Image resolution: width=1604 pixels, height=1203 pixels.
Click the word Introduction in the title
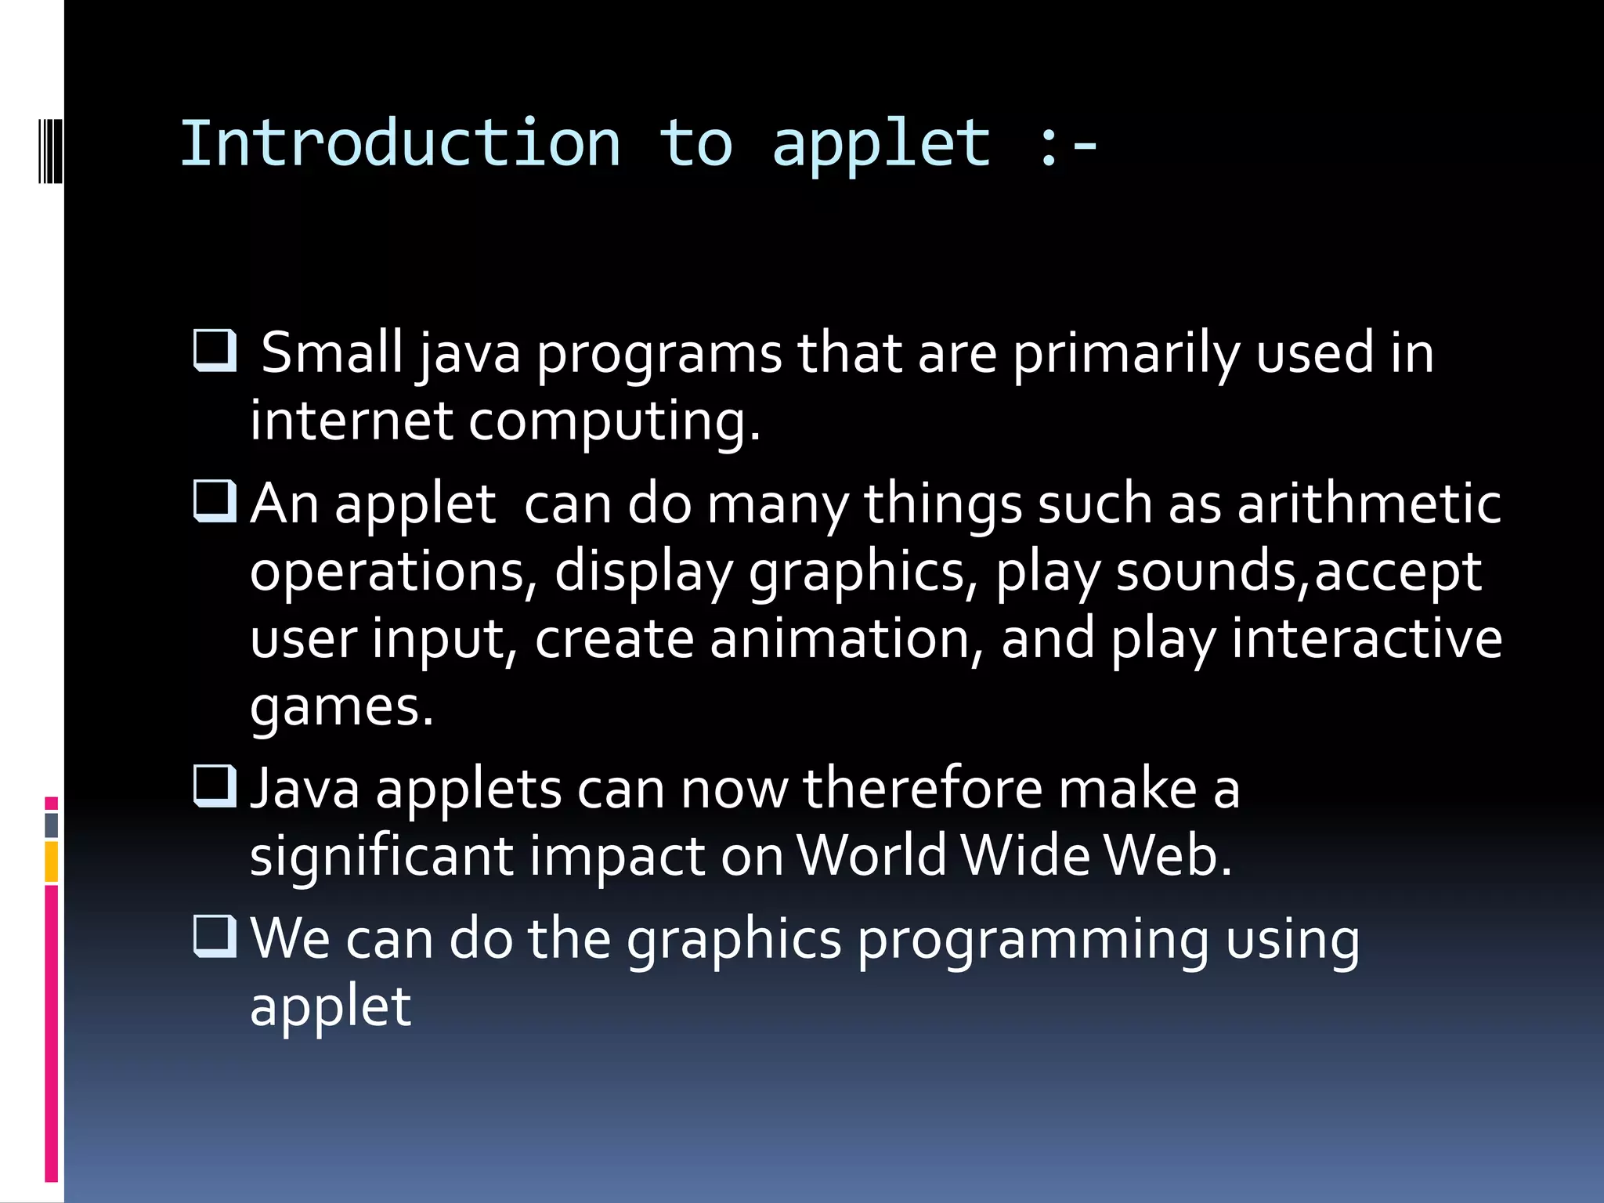[x=400, y=143]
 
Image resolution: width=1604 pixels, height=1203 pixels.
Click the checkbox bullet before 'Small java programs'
[x=215, y=350]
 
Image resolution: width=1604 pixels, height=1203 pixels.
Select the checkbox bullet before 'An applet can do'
[x=215, y=500]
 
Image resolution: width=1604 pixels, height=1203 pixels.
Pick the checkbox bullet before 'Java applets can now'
[x=215, y=786]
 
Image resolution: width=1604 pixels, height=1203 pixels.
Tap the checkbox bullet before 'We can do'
[x=215, y=936]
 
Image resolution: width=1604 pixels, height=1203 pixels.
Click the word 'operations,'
[x=394, y=572]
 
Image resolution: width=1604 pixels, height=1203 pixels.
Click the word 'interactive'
[x=1367, y=639]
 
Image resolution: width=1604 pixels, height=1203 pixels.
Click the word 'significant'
[x=381, y=855]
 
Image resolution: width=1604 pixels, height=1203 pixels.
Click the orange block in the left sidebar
[x=52, y=862]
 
